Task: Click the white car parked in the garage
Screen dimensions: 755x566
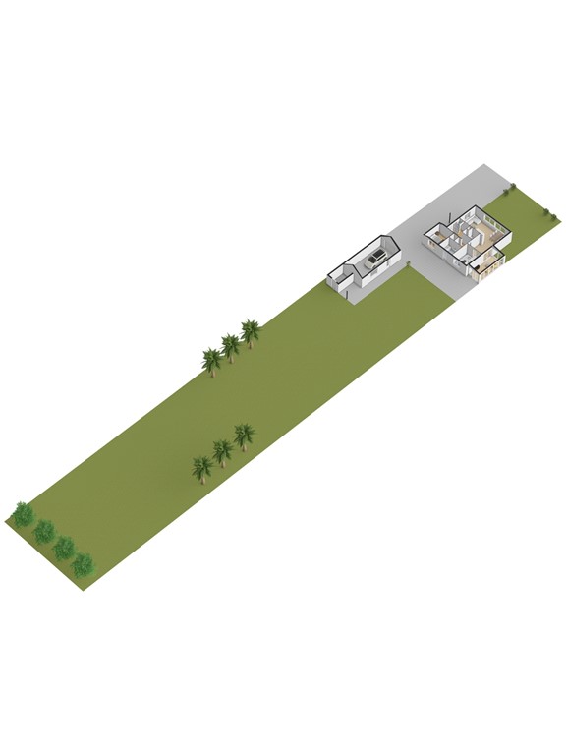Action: (x=373, y=261)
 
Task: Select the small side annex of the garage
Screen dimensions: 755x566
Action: (x=341, y=282)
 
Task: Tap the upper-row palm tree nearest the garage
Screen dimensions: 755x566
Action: (x=251, y=332)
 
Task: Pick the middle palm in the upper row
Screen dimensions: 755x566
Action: (x=231, y=346)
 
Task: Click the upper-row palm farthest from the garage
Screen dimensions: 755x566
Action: (x=211, y=361)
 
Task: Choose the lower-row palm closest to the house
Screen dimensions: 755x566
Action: (x=244, y=435)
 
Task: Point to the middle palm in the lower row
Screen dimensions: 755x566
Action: (x=223, y=450)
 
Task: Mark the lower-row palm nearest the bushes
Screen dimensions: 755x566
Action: (x=202, y=467)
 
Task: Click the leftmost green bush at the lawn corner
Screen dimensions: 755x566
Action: (x=23, y=513)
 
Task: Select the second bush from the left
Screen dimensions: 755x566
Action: (x=44, y=532)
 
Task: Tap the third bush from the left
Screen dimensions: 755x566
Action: (x=64, y=548)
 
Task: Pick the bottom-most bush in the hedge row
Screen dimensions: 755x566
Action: (x=83, y=564)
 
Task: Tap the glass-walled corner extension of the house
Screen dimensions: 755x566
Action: (x=488, y=262)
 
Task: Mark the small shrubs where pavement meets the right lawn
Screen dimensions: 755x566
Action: (x=511, y=187)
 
